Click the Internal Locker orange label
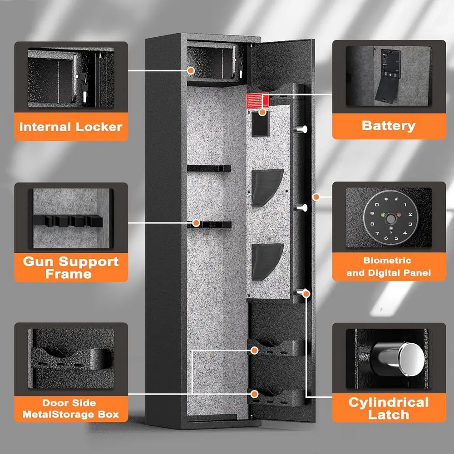click(70, 126)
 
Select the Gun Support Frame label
click(70, 267)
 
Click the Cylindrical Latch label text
click(388, 408)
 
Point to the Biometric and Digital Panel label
click(388, 266)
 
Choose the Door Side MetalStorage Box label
click(70, 408)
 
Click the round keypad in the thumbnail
click(389, 221)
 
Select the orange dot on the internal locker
click(191, 70)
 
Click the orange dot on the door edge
click(316, 197)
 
